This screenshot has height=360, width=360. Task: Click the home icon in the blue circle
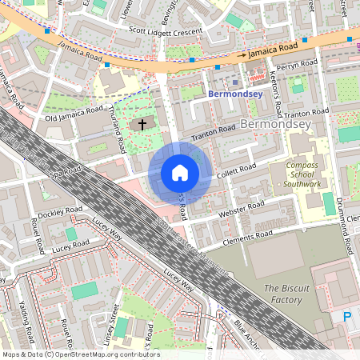(x=180, y=173)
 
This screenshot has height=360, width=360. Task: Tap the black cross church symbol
(x=142, y=125)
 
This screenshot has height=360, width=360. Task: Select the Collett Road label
(x=236, y=170)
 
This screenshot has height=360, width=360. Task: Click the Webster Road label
(x=242, y=210)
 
